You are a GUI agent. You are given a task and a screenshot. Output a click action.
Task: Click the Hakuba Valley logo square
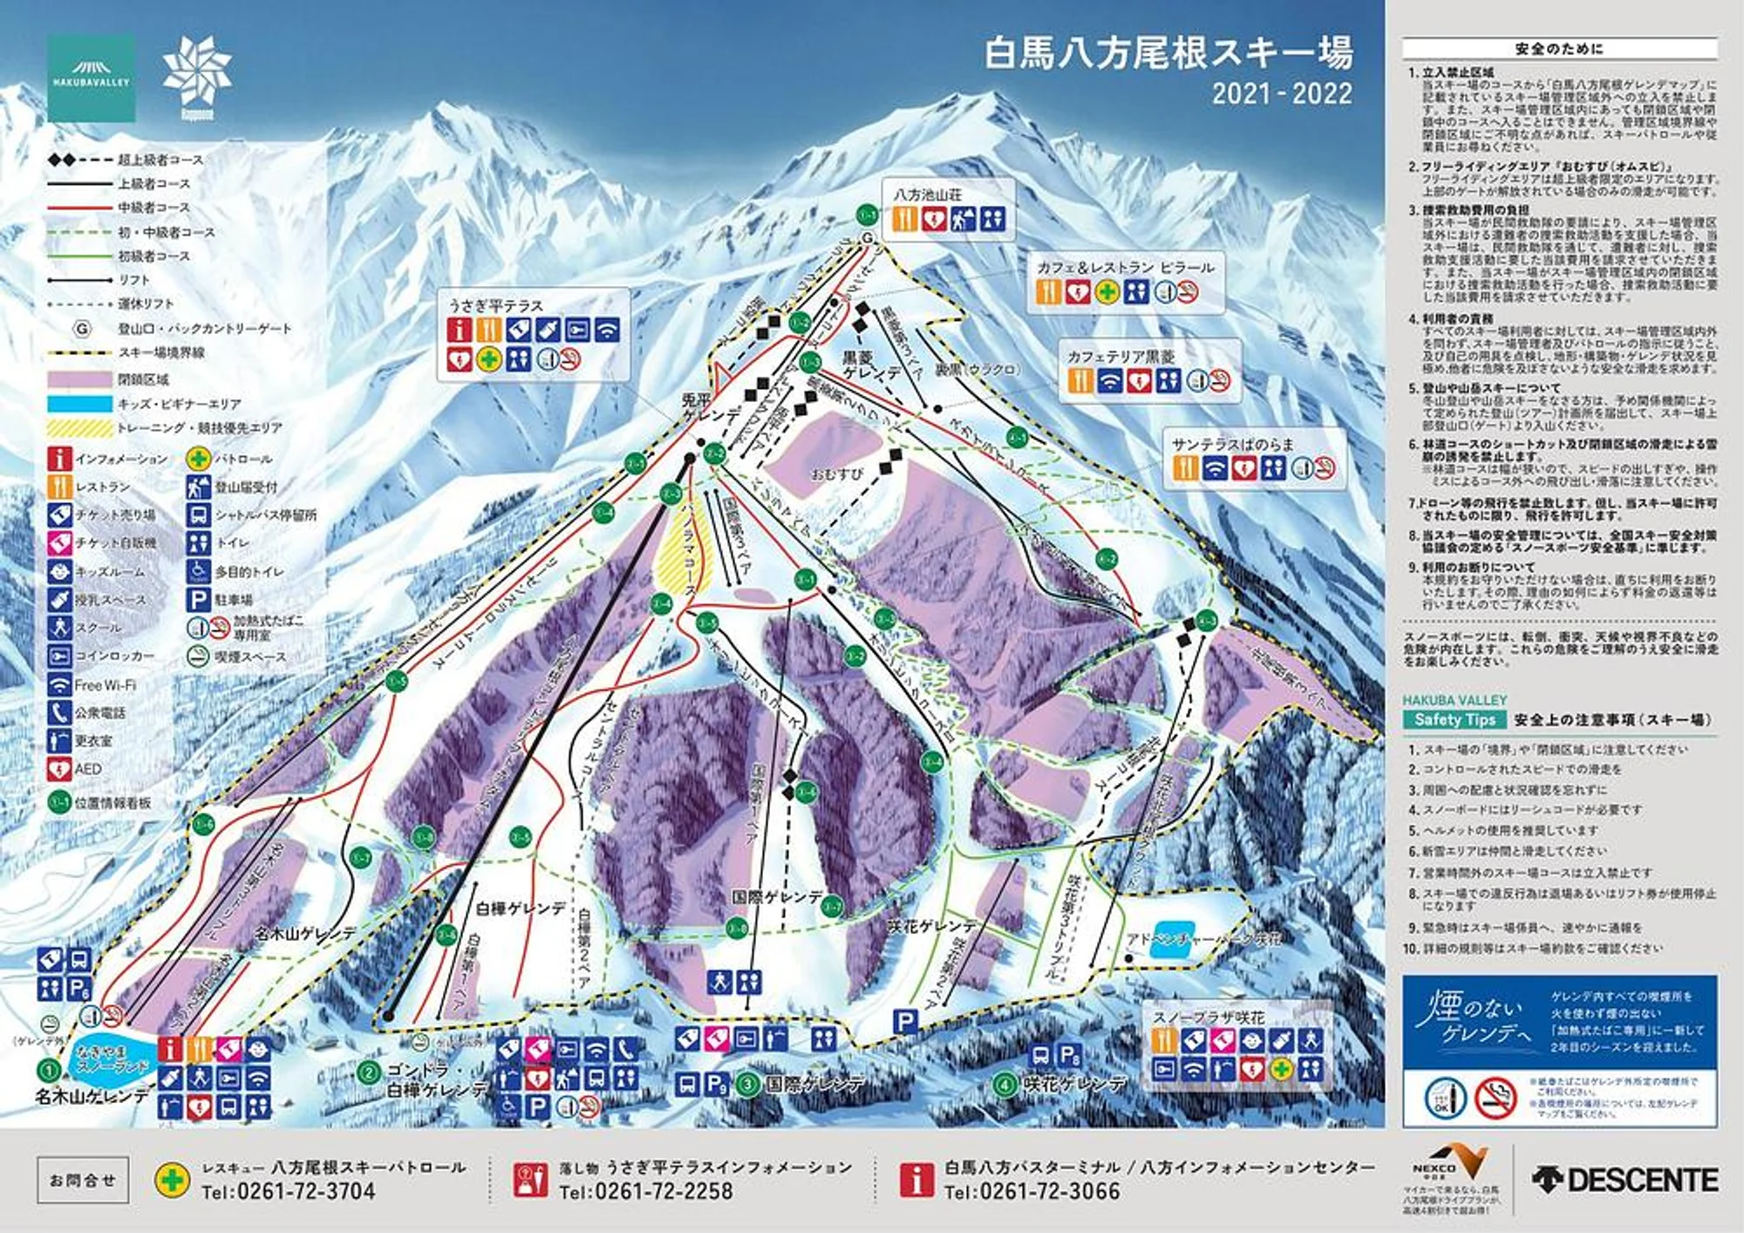[x=91, y=78]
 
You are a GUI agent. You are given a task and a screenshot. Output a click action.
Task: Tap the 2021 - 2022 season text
[x=1281, y=93]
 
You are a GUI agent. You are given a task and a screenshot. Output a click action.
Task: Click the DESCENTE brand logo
[x=1625, y=1180]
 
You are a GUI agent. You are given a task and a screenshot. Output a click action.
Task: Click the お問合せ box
[x=83, y=1180]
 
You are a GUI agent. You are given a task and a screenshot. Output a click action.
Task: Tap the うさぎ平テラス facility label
[x=495, y=305]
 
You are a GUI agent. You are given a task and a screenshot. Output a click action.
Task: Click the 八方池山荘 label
[x=927, y=194]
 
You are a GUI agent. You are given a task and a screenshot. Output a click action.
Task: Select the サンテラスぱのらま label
[x=1232, y=444]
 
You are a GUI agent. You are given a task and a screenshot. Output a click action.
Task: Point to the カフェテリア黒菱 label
[x=1121, y=356]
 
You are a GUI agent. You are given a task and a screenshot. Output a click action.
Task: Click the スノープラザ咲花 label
[x=1208, y=1017]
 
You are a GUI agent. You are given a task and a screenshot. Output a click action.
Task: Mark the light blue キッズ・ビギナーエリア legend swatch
[x=79, y=404]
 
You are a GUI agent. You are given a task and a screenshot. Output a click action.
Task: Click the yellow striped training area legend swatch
[x=79, y=428]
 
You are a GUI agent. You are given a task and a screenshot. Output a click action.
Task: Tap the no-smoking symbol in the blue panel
[x=1495, y=1098]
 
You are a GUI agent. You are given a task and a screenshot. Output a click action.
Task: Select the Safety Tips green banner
[x=1454, y=719]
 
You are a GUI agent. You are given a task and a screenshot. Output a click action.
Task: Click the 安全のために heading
[x=1558, y=49]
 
